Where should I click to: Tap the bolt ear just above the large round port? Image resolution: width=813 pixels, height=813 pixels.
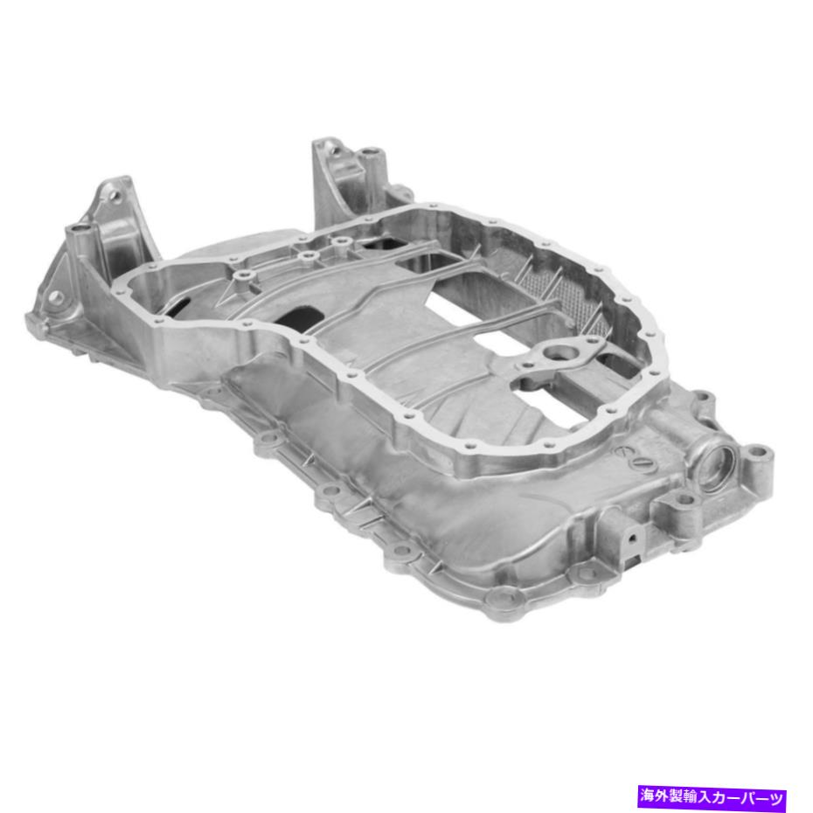[x=699, y=403]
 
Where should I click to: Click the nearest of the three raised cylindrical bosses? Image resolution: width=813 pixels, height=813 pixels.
[x=243, y=276]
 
